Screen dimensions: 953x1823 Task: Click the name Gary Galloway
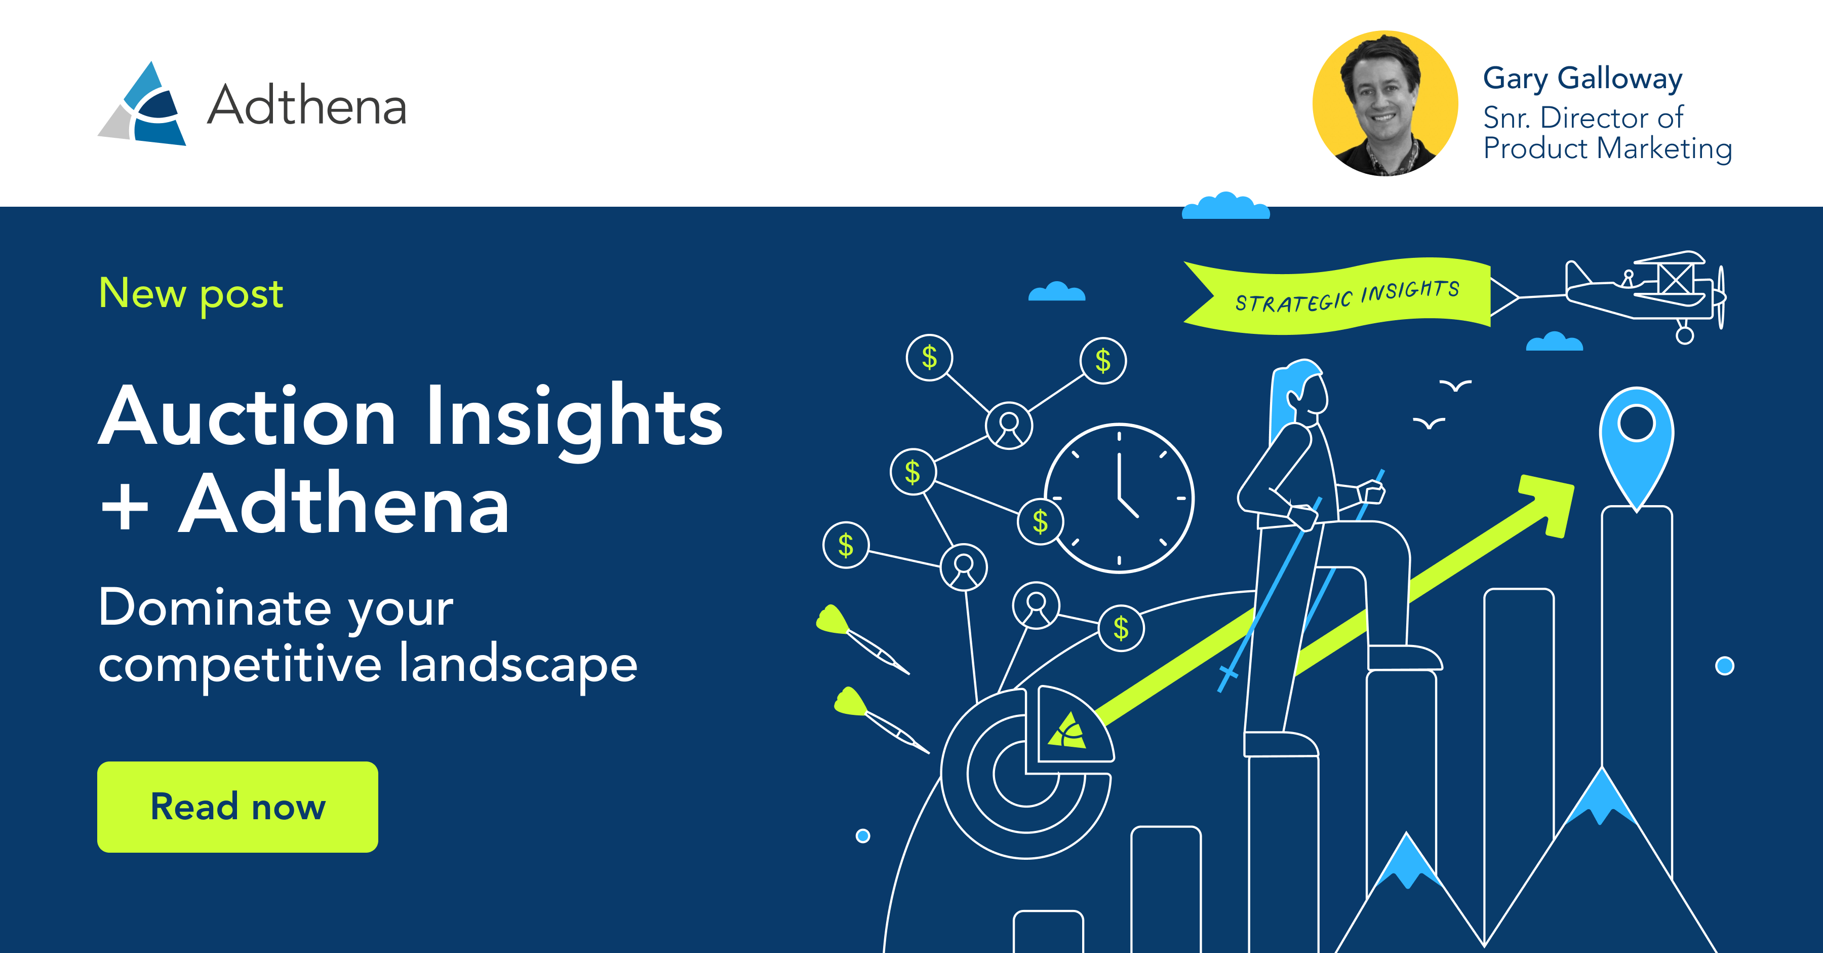(1582, 79)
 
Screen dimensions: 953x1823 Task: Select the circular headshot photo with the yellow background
(1385, 103)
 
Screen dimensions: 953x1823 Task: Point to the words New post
(190, 293)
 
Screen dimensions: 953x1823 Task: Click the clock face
(1119, 498)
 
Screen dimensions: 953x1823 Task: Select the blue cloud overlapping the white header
(1225, 206)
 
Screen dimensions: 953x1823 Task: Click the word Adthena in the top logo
(306, 106)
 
